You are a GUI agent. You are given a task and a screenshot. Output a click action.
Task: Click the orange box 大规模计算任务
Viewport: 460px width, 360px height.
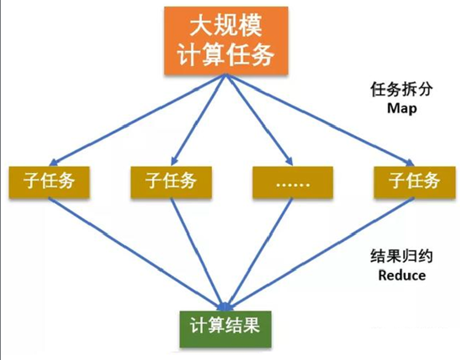pos(225,40)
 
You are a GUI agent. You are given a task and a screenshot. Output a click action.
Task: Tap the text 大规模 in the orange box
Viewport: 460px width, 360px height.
pos(225,26)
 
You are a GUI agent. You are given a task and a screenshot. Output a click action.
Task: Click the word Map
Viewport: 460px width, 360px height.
pos(402,108)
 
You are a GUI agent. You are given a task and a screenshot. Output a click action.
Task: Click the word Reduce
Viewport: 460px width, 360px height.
pos(402,275)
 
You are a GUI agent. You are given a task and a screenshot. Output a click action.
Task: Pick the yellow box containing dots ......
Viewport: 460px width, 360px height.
pos(292,182)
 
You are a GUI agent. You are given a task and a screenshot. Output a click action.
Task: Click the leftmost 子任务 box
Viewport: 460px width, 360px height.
pos(50,181)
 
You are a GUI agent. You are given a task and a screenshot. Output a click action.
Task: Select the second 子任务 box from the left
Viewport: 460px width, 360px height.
pos(171,181)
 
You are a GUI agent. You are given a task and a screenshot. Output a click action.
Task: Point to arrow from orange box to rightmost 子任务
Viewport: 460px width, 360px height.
pos(319,120)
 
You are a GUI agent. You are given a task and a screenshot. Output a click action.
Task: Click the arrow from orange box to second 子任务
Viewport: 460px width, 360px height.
pos(198,120)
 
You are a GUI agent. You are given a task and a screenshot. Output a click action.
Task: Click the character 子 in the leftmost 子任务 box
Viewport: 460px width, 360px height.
pos(33,181)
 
